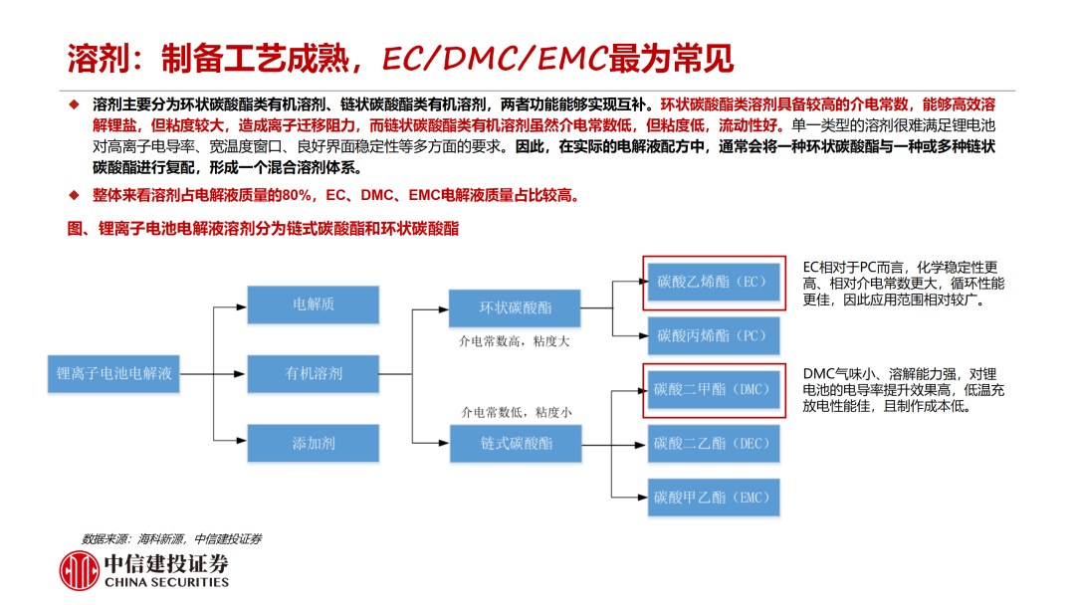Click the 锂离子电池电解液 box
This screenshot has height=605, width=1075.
click(x=114, y=374)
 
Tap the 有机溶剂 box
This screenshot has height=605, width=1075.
click(x=314, y=374)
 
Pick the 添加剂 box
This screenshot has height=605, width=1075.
click(x=314, y=443)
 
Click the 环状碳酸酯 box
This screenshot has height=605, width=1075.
click(x=515, y=307)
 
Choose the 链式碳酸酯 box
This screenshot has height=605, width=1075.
click(x=515, y=443)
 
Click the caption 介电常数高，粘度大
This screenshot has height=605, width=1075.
click(x=514, y=342)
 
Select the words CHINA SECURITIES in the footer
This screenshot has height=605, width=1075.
click(x=166, y=583)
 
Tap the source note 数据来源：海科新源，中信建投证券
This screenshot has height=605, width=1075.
click(x=171, y=539)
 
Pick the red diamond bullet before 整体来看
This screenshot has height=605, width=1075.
click(x=73, y=194)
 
